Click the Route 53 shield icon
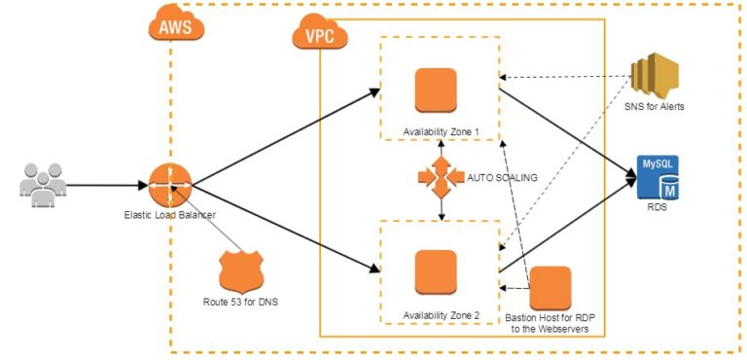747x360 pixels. pos(241,270)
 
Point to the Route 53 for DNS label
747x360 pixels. pos(241,303)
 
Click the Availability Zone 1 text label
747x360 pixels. pos(440,130)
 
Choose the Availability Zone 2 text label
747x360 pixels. pos(440,315)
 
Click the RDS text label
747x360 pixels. pos(658,207)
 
